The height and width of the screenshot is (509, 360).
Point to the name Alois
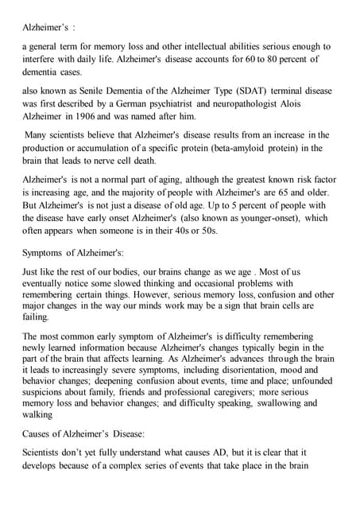(x=310, y=103)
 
